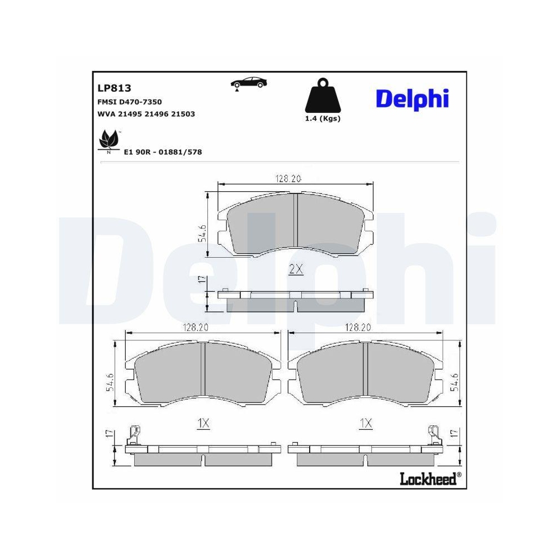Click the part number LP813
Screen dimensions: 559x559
pyautogui.click(x=114, y=88)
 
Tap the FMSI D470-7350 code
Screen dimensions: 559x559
pyautogui.click(x=130, y=101)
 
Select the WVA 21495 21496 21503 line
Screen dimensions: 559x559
pyautogui.click(x=146, y=113)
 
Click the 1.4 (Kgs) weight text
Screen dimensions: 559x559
pyautogui.click(x=323, y=119)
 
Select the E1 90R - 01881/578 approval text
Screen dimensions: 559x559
pyautogui.click(x=162, y=151)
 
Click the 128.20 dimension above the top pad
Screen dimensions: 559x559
pyautogui.click(x=288, y=178)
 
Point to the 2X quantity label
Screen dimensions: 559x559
pyautogui.click(x=296, y=269)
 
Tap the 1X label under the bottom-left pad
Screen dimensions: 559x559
pyautogui.click(x=203, y=424)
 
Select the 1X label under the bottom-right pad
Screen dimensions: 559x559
pyautogui.click(x=366, y=424)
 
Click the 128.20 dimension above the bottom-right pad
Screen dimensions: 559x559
pyautogui.click(x=358, y=328)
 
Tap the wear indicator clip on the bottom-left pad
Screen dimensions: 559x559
pyautogui.click(x=134, y=433)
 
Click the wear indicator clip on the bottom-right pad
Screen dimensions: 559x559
pyautogui.click(x=433, y=433)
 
